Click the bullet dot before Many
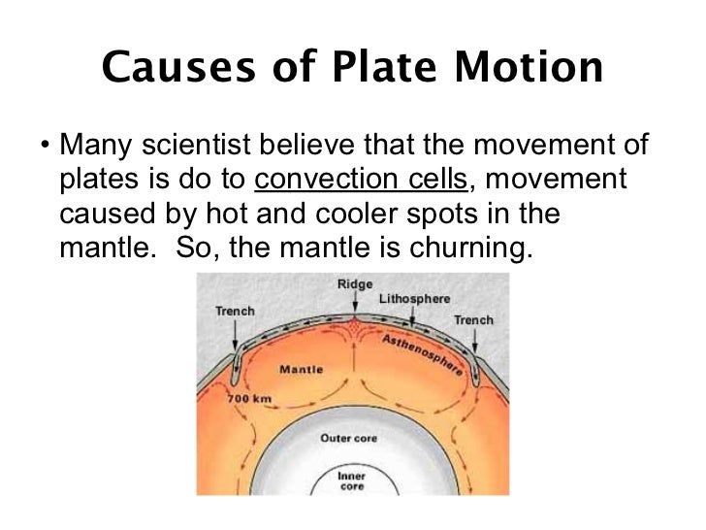(45, 148)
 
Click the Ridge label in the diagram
(354, 283)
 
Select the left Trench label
(234, 311)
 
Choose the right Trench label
(473, 319)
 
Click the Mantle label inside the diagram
(301, 369)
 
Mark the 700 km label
(249, 399)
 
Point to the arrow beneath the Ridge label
(354, 303)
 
